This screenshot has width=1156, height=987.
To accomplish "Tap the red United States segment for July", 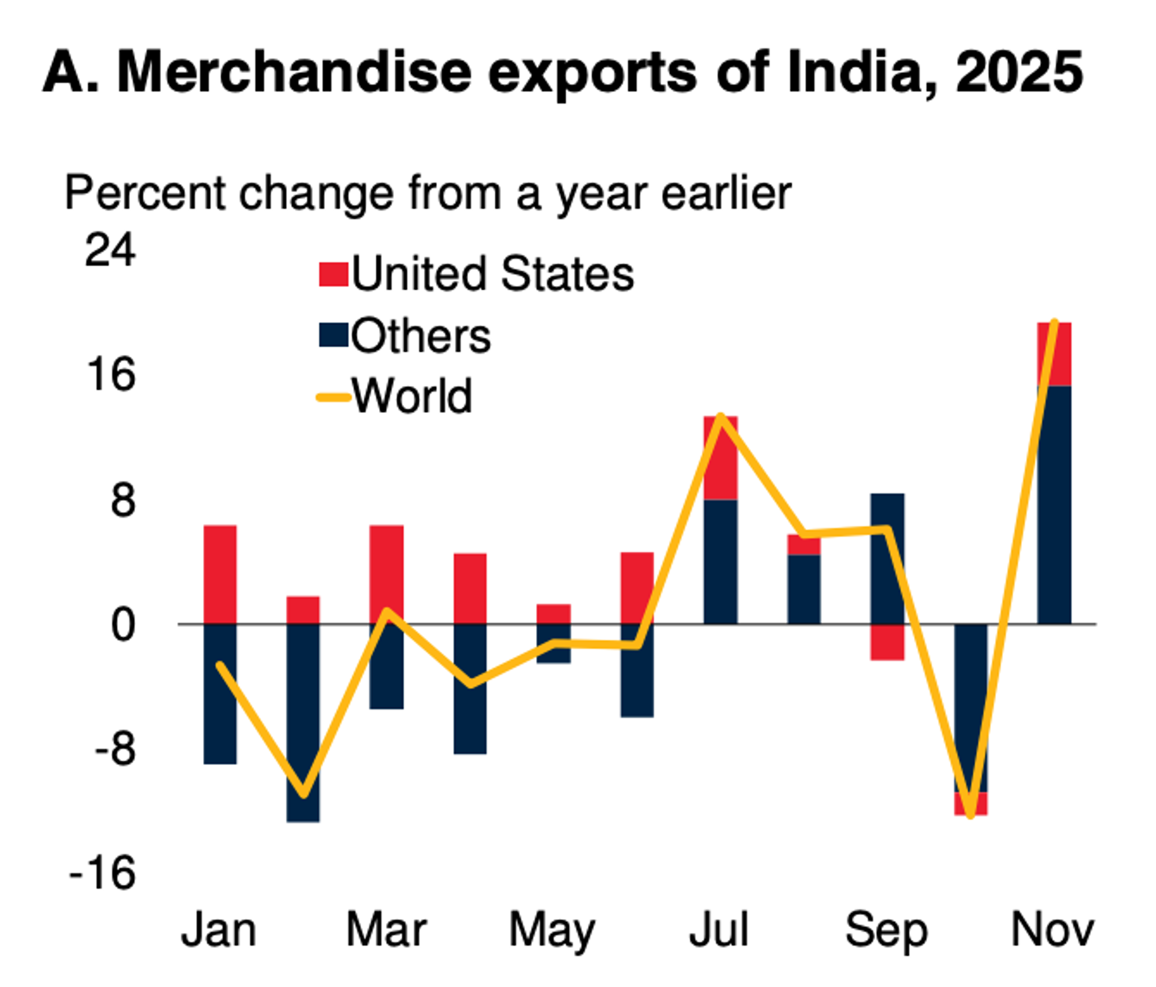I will pos(720,457).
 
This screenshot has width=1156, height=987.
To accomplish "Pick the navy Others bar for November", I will pos(1054,505).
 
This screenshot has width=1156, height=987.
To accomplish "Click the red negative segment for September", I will pos(887,642).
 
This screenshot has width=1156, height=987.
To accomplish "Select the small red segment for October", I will pos(971,803).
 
